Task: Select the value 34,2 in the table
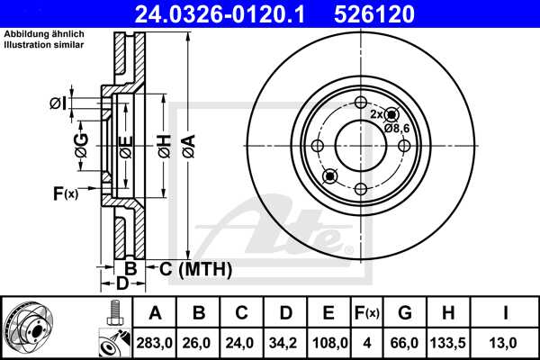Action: [284, 343]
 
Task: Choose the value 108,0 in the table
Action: [328, 343]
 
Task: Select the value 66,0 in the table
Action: [405, 343]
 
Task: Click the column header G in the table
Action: [405, 313]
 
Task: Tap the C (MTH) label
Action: [196, 268]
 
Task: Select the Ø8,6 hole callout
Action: [397, 129]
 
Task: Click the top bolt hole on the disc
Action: [360, 102]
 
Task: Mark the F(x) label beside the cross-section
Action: [66, 192]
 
